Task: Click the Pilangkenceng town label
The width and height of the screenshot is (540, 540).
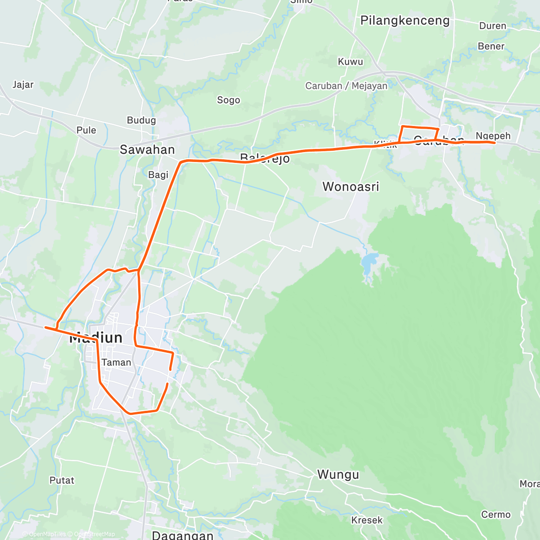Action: click(x=405, y=21)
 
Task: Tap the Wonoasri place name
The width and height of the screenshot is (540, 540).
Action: click(x=351, y=186)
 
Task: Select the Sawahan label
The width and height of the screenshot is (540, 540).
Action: click(x=147, y=150)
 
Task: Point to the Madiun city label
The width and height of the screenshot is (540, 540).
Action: click(x=96, y=338)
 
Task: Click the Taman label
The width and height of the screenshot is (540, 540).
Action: click(x=116, y=362)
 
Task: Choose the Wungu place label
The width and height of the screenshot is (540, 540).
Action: click(x=338, y=474)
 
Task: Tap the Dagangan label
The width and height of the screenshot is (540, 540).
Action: click(x=183, y=535)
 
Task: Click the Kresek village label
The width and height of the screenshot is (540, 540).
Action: click(x=367, y=520)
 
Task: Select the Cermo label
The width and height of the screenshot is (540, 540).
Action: click(x=495, y=514)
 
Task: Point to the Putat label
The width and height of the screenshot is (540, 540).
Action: click(x=62, y=480)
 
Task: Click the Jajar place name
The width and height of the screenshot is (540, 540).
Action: click(x=23, y=85)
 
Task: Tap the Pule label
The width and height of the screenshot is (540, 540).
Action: click(x=86, y=130)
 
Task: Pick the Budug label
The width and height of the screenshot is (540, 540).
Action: click(x=141, y=120)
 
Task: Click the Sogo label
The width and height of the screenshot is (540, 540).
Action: click(x=229, y=100)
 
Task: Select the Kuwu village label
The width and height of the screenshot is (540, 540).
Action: click(x=350, y=62)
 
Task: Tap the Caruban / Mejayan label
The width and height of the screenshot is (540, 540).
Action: click(x=346, y=85)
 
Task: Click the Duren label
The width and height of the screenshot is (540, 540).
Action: click(x=493, y=26)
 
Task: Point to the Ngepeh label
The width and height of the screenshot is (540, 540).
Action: click(x=493, y=135)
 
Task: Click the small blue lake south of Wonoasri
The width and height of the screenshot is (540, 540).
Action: click(x=369, y=261)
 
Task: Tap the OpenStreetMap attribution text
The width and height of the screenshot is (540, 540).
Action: click(x=94, y=534)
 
